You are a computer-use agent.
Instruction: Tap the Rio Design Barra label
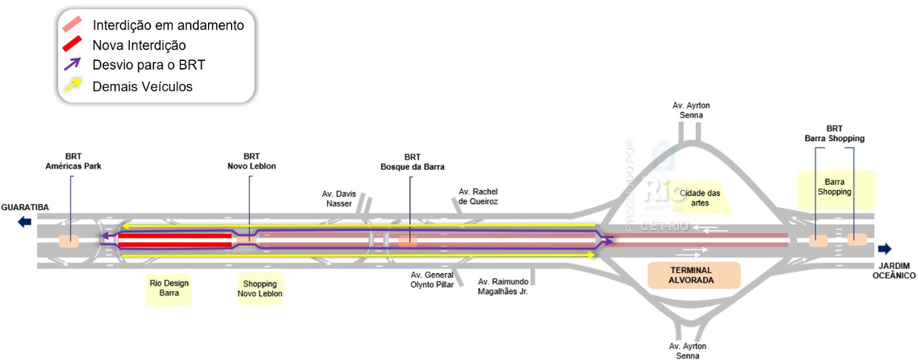(169, 288)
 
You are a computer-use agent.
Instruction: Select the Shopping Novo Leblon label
(260, 288)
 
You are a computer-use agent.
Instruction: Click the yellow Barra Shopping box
(836, 187)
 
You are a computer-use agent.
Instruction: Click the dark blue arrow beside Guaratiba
(25, 222)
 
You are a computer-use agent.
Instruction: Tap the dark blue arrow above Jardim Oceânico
(884, 249)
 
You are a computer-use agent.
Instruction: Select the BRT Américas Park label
(73, 161)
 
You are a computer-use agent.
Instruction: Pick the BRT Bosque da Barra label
(412, 161)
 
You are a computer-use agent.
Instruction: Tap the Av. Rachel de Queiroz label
(478, 196)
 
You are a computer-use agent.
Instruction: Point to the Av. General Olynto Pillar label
(432, 280)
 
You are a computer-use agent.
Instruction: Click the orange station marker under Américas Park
(69, 241)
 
